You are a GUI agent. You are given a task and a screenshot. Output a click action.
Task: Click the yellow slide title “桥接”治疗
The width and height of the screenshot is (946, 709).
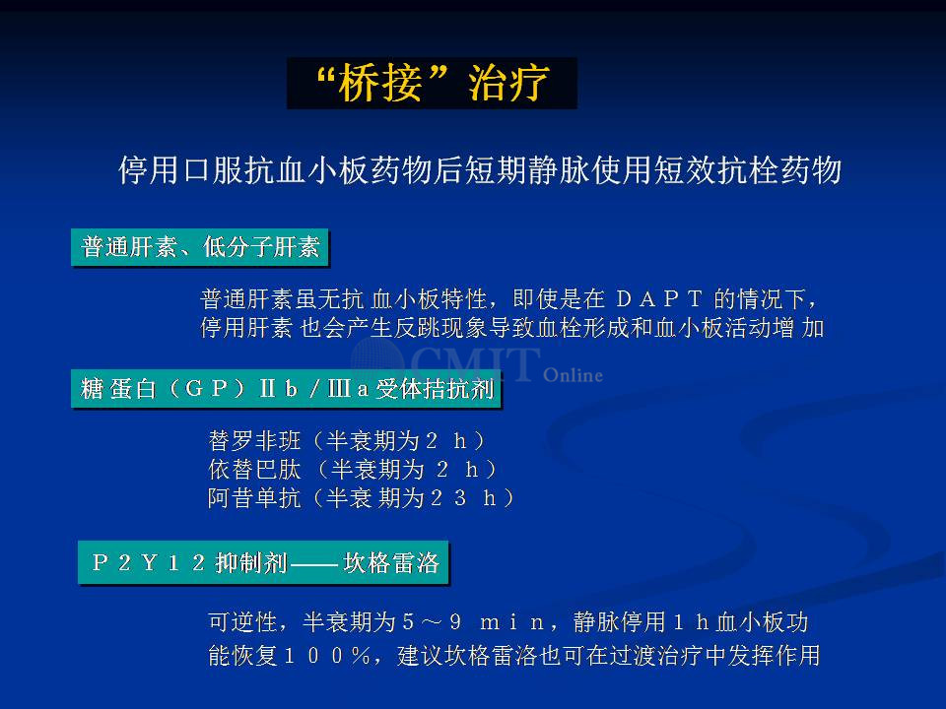(x=432, y=83)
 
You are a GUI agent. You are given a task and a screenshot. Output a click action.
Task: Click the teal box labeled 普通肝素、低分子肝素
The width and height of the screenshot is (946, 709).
(x=200, y=247)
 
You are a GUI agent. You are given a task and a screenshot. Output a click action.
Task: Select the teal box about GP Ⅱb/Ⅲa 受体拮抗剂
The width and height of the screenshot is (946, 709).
(x=286, y=389)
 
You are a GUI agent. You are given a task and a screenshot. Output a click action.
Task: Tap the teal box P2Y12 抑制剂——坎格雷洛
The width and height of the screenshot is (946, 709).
(x=264, y=562)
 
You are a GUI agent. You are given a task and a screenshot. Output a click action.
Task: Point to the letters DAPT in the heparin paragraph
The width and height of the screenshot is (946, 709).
(x=659, y=298)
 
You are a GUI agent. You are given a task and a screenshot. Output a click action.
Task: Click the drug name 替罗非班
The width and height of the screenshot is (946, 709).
(x=254, y=441)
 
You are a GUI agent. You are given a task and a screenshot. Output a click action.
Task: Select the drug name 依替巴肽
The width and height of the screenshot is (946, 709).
(x=254, y=469)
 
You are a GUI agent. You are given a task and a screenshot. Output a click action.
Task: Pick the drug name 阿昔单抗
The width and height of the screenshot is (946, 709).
(x=254, y=497)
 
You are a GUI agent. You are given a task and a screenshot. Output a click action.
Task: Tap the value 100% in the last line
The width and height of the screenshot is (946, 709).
(x=326, y=656)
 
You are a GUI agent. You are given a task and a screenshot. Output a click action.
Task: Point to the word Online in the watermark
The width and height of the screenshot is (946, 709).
(x=573, y=375)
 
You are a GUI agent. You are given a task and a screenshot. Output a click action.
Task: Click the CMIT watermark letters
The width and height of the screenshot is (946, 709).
(x=475, y=363)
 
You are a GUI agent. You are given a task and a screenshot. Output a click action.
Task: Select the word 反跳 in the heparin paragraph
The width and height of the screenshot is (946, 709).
(x=417, y=328)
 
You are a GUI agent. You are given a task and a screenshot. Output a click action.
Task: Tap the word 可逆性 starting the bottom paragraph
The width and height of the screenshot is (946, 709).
(x=242, y=621)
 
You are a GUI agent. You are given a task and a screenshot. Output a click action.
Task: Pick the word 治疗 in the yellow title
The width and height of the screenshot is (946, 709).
(x=508, y=83)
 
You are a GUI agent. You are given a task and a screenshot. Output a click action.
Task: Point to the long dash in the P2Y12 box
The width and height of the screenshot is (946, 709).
(x=313, y=564)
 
